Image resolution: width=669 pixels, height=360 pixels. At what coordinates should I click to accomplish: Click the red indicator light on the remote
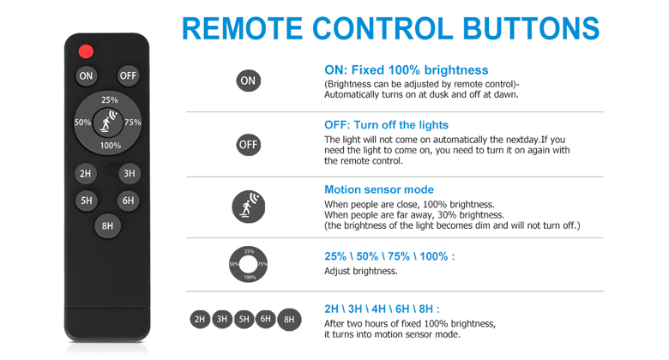coord(86,51)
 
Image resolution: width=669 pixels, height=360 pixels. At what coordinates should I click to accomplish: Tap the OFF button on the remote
coord(128,76)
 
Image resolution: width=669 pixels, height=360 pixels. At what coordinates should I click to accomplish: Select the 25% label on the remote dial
coord(110,100)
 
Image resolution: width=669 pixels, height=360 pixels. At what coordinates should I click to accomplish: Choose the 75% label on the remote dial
coord(133,123)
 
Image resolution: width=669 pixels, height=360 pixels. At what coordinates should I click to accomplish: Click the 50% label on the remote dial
coord(82,123)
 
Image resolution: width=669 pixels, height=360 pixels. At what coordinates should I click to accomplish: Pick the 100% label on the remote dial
coord(110,146)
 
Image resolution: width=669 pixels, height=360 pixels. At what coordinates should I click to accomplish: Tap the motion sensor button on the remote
coord(107,123)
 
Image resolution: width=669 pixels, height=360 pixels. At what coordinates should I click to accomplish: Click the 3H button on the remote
coord(129,174)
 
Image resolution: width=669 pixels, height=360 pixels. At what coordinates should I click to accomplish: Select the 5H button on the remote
coord(86,201)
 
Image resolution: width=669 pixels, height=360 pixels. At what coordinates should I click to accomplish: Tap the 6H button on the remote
coord(128,201)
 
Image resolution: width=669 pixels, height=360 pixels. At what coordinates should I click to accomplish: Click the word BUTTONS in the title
coord(531,29)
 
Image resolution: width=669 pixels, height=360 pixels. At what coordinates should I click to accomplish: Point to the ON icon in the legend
coord(249,81)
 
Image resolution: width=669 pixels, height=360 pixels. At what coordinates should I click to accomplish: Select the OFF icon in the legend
coord(249,145)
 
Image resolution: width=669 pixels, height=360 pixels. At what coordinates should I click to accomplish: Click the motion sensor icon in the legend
coord(249,207)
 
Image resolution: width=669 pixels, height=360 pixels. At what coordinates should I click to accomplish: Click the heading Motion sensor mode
coord(379,189)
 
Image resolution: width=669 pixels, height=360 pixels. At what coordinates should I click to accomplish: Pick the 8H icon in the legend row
coord(289,320)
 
